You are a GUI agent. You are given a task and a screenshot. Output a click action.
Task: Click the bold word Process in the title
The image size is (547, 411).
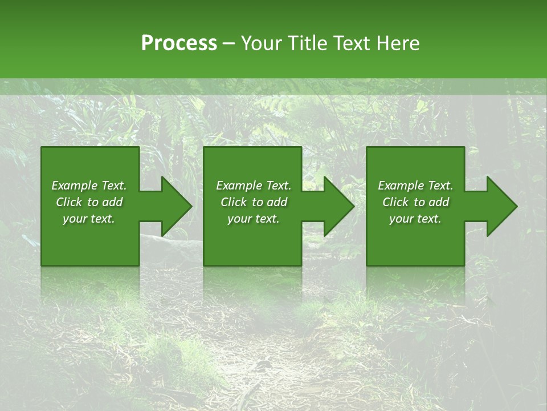[179, 43]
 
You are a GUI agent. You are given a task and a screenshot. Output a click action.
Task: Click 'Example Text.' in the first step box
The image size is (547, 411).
[89, 186]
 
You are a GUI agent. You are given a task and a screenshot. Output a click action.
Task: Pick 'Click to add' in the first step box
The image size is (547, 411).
[89, 202]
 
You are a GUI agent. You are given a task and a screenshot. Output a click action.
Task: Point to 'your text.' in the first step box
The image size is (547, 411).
[89, 219]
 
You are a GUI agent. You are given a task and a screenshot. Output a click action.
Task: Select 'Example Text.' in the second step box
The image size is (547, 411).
[254, 186]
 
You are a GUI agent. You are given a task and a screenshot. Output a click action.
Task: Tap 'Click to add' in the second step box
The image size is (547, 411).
[254, 202]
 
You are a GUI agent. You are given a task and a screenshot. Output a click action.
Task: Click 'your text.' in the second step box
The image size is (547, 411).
[254, 219]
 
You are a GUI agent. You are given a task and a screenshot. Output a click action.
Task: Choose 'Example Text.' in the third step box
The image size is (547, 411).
[415, 186]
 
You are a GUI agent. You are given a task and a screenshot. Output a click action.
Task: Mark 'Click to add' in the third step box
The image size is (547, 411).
[415, 202]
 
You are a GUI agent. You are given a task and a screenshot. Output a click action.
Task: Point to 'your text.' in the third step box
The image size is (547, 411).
[415, 219]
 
